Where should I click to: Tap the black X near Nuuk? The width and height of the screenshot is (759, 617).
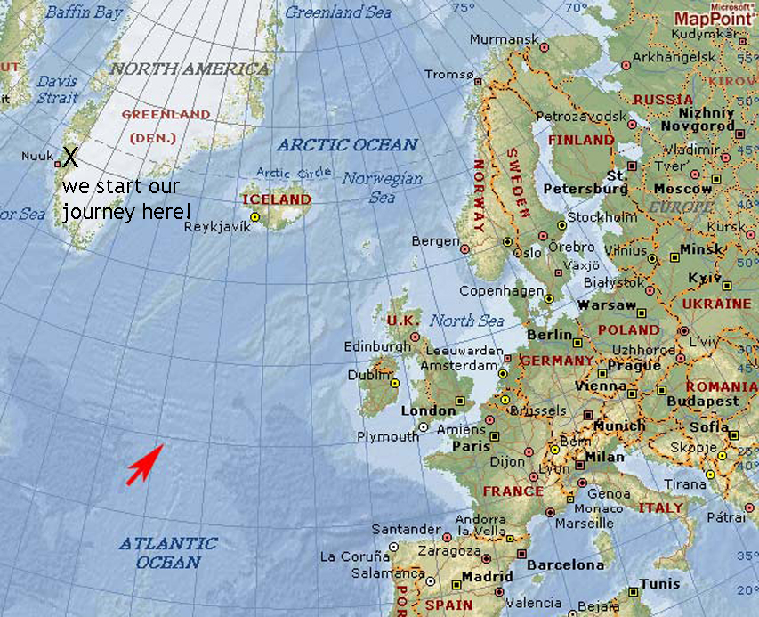(x=69, y=158)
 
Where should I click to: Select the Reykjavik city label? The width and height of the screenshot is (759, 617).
(x=217, y=226)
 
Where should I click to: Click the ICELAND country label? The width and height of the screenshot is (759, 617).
(x=277, y=199)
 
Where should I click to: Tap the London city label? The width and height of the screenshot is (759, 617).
(x=428, y=410)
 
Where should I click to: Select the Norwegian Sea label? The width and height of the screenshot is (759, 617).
(x=382, y=187)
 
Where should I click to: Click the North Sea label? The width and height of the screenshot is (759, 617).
(x=467, y=321)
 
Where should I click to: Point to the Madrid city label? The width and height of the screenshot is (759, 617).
(x=488, y=577)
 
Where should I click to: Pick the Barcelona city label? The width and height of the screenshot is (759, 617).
(x=565, y=564)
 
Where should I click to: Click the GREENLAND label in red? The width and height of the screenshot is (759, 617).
(x=166, y=115)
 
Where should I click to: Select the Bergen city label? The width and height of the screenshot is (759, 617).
(x=436, y=241)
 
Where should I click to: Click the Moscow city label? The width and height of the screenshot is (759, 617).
(x=682, y=189)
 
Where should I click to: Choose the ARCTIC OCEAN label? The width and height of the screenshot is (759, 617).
(x=346, y=144)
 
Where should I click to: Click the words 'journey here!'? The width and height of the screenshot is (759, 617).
(x=126, y=213)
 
